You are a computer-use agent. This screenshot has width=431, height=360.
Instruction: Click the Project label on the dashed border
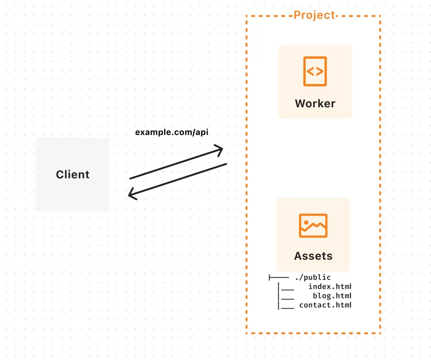pos(314,15)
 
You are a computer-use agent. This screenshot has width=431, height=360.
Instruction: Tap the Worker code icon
pos(315,71)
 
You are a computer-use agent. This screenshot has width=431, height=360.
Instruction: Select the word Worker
pos(315,103)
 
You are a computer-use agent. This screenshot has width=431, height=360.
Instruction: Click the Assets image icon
pos(313,225)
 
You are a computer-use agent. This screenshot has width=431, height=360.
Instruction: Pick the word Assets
pos(313,256)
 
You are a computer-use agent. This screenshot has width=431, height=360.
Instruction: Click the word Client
pos(73,174)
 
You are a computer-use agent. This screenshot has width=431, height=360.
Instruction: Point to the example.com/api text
pos(172,132)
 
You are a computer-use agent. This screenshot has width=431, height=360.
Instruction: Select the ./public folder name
pos(313,277)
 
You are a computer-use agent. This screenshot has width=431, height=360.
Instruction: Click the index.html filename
pos(330,287)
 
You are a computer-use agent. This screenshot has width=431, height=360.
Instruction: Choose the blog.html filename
pos(332,296)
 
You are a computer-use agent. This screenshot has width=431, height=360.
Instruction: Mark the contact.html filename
pos(325,305)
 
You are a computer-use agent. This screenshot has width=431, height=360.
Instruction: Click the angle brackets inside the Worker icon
pos(315,71)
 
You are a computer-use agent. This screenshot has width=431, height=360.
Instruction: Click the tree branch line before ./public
pos(278,277)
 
